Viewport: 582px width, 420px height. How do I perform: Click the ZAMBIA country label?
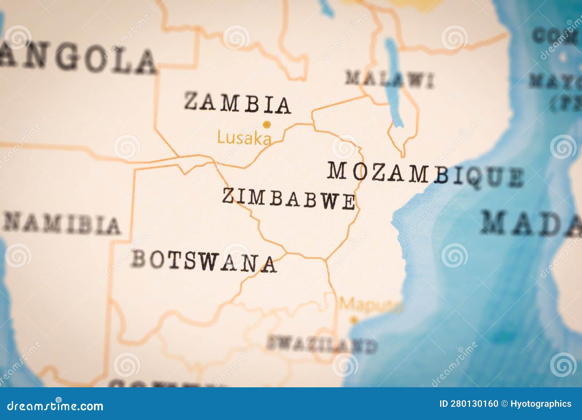point(238,103)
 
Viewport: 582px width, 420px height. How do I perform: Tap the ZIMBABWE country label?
point(288,198)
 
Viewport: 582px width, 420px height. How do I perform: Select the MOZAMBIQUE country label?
point(425,174)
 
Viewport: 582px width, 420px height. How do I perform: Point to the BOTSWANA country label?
point(204,261)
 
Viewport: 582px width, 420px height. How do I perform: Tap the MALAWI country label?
point(390,79)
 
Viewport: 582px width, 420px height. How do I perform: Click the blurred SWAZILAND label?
point(322,344)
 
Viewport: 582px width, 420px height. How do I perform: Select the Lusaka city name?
point(244,138)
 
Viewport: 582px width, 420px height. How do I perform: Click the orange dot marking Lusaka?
point(267,125)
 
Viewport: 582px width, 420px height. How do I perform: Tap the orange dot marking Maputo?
point(352,320)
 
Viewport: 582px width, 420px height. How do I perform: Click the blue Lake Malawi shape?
point(394,84)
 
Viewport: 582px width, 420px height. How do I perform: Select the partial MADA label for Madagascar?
point(531,223)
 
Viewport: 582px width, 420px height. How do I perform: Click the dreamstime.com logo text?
point(55,405)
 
